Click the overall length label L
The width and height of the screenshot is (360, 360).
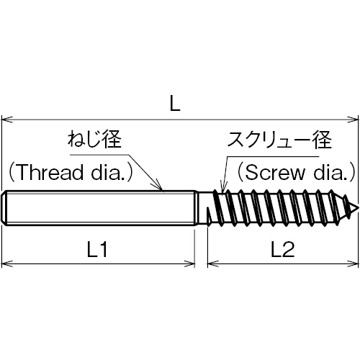point(175,104)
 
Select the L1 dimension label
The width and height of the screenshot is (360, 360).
point(97,250)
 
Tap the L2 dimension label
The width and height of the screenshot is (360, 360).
point(282,250)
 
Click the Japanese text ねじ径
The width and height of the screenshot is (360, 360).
point(94,140)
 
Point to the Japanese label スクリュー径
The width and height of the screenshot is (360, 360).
point(279,140)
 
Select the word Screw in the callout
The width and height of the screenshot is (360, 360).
point(275,173)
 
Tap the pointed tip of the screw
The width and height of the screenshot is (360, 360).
point(359,207)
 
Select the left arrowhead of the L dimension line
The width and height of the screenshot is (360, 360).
point(7,120)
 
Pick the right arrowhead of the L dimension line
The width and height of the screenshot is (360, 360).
point(353,120)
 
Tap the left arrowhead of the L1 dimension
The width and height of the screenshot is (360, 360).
point(7,264)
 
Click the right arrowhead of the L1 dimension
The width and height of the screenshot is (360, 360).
point(189,264)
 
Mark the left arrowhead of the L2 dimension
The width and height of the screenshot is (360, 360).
point(213,264)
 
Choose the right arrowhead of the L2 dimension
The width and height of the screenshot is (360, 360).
point(353,264)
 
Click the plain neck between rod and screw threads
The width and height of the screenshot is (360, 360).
point(204,208)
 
